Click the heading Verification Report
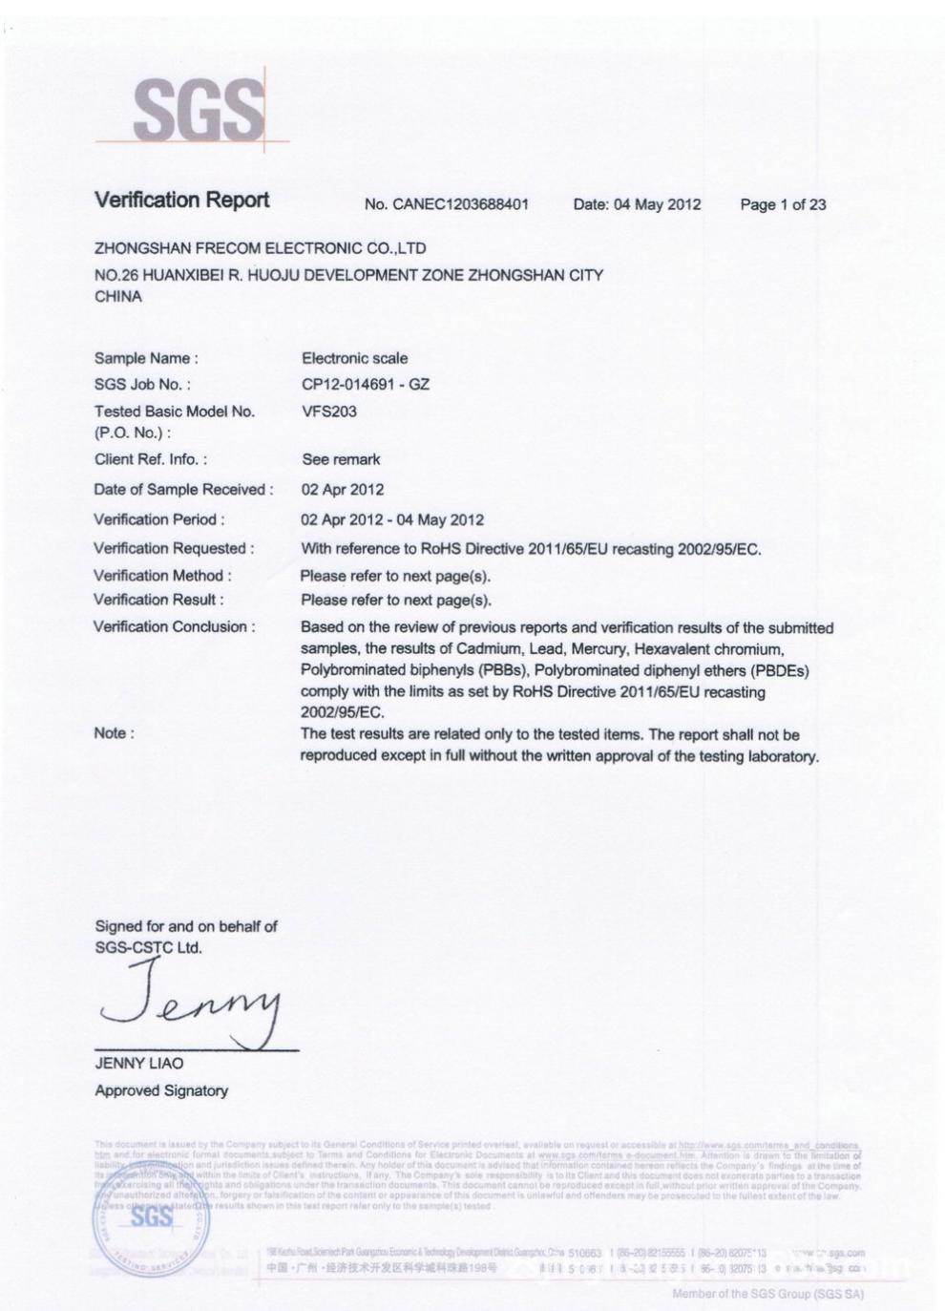(x=181, y=200)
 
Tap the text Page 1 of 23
(x=783, y=204)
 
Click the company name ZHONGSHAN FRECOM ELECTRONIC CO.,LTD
(x=260, y=248)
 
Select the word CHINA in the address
(x=118, y=297)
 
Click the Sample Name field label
(x=146, y=358)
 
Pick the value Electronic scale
(x=354, y=358)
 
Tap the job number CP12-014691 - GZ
(x=366, y=384)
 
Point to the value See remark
(x=341, y=459)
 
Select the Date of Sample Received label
(x=183, y=490)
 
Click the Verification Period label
(x=159, y=519)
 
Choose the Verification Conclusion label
(x=175, y=627)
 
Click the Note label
(x=114, y=733)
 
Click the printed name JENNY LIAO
(x=139, y=1063)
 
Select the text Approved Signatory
(x=161, y=1090)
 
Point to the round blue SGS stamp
(x=151, y=1217)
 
